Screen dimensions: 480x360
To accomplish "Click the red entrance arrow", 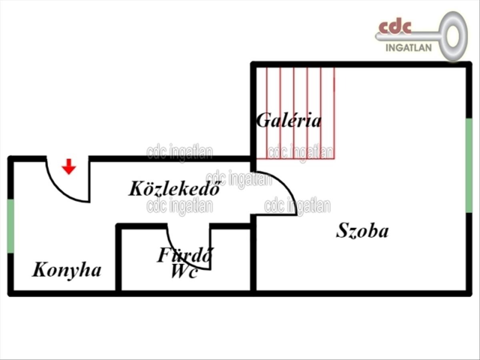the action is pos(69,166).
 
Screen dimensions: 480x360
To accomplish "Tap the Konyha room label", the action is pos(67,270).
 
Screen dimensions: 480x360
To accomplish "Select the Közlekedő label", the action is pos(174,188).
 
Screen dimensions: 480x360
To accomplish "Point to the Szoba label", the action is pos(362,231).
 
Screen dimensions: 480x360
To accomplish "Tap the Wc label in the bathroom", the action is pos(184,271).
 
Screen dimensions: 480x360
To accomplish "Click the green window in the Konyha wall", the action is pos(10,226).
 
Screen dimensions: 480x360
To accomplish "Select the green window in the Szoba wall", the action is pos(469,165).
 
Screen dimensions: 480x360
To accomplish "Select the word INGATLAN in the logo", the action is pos(409,48).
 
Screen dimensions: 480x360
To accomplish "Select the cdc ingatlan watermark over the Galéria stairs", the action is pos(300,152).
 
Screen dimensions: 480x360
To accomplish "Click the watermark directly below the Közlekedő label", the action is pos(180,206).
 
